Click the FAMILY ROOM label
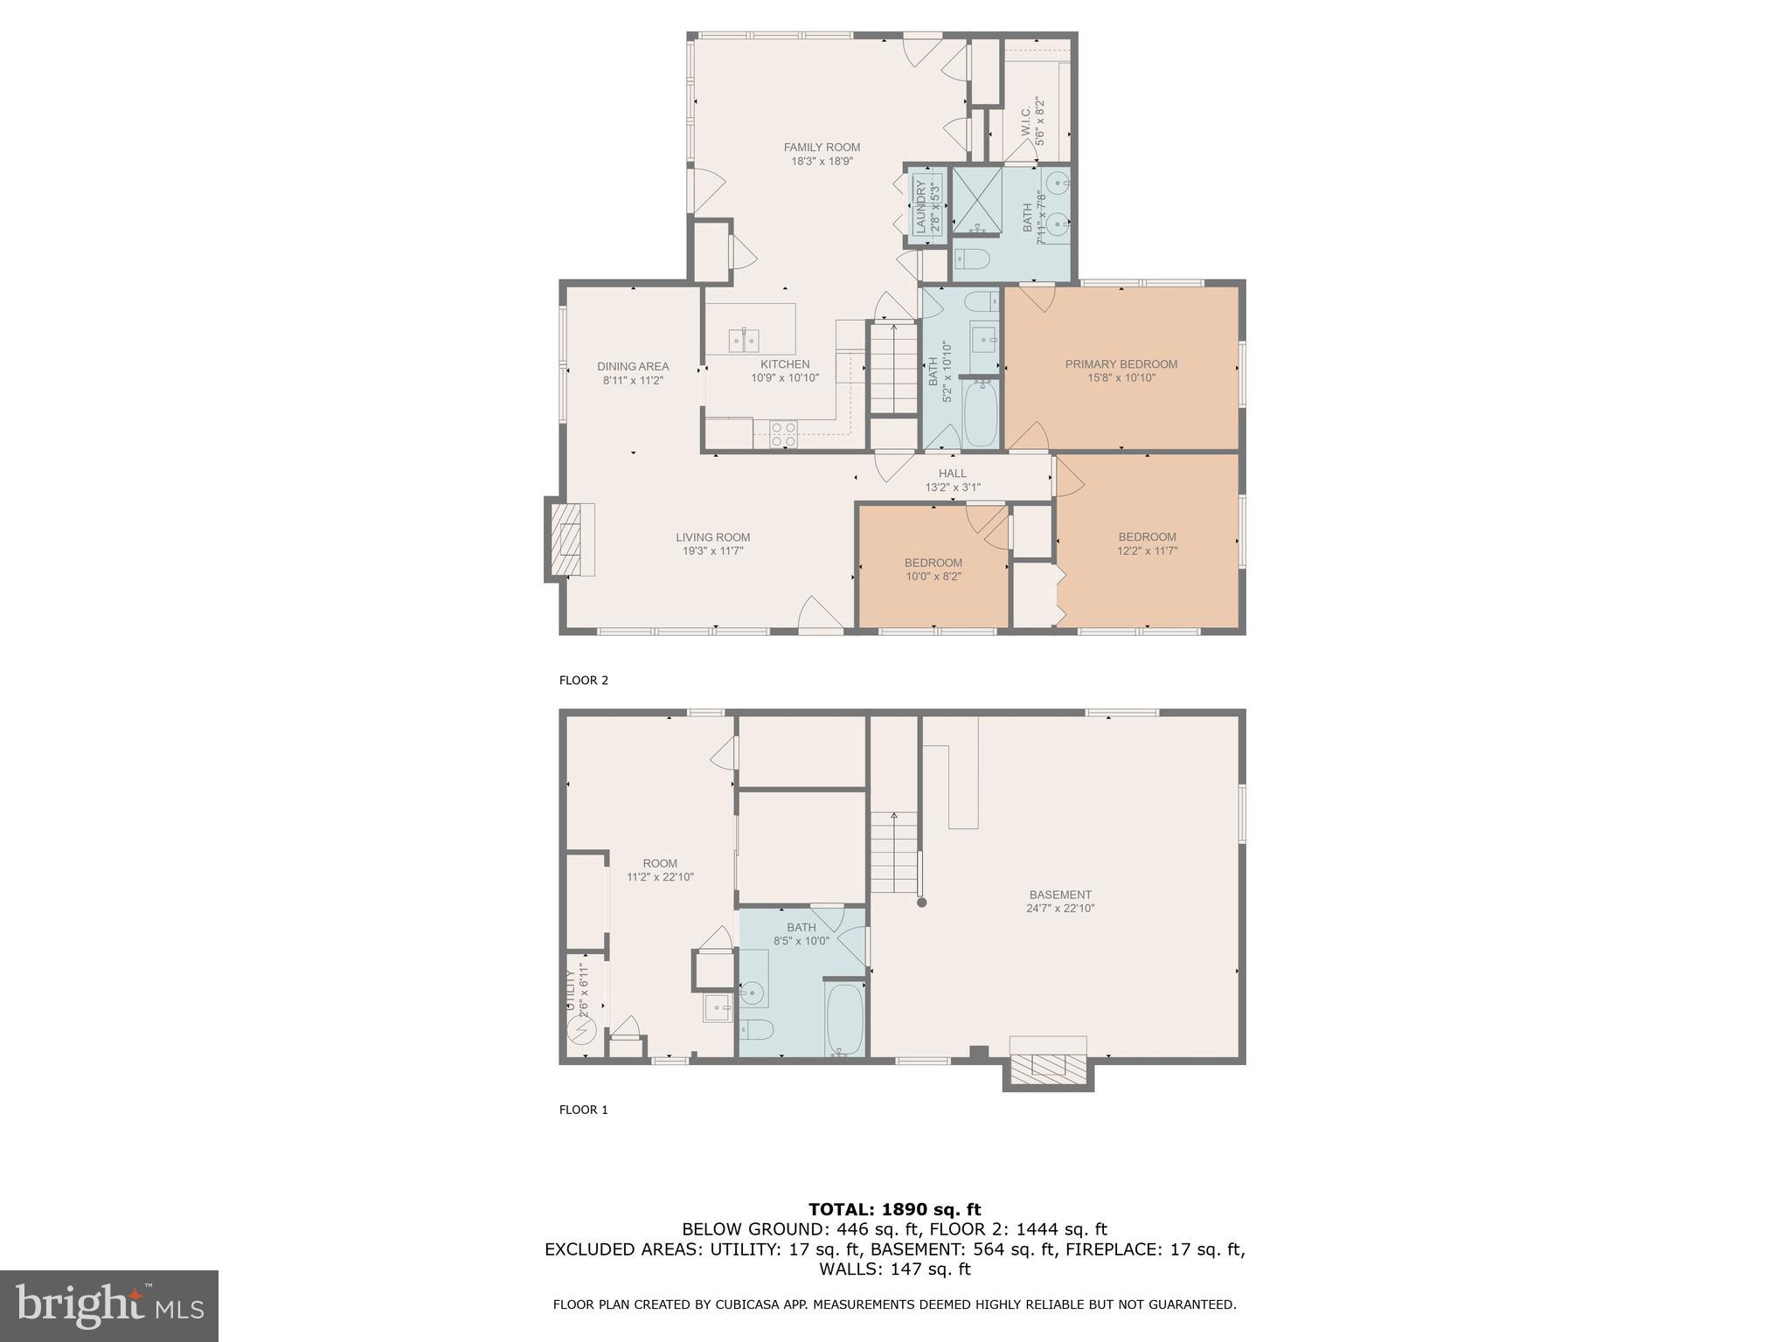point(822,148)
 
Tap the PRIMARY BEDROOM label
point(1120,364)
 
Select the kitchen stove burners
point(783,434)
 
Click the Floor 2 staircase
point(893,368)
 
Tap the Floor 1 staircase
point(893,852)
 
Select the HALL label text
point(953,474)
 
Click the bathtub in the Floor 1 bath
point(844,1019)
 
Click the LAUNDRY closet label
point(920,205)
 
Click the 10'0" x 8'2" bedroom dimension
point(933,577)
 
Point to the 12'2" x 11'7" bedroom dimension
point(1147,551)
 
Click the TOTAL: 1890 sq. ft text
point(894,1209)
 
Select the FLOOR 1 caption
point(583,1110)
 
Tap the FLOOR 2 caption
point(583,680)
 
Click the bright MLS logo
point(108,1305)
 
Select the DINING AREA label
point(633,366)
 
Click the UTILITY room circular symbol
point(581,1032)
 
